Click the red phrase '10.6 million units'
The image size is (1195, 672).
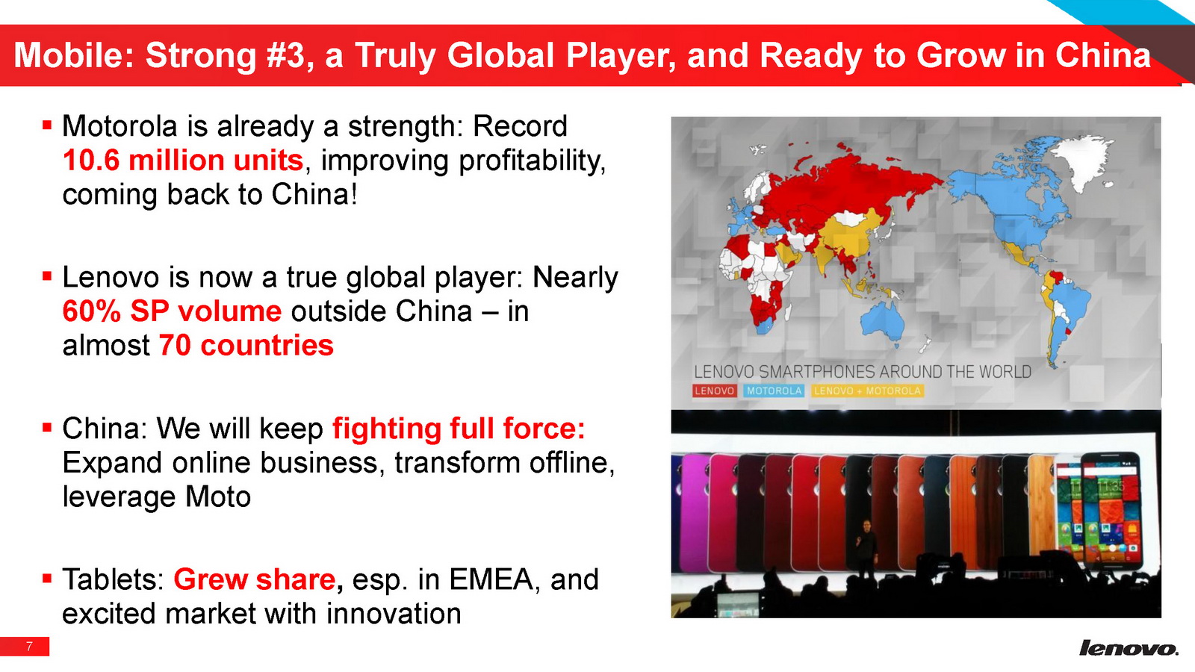tap(183, 160)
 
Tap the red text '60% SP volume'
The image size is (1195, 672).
tap(172, 311)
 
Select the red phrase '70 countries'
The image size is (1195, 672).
tap(246, 345)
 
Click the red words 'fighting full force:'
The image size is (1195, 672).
tap(459, 429)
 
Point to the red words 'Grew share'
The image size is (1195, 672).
tap(255, 579)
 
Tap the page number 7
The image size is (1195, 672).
tap(29, 647)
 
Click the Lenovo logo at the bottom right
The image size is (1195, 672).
tap(1129, 648)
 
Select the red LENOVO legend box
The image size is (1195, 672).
tap(714, 391)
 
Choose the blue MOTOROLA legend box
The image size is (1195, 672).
tap(774, 391)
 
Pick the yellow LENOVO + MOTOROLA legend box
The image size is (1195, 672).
tap(867, 391)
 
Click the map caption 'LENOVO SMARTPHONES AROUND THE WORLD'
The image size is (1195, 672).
tap(862, 372)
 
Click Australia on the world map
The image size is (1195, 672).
tap(884, 320)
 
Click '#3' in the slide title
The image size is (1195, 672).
tap(288, 55)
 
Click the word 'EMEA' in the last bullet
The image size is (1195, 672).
tap(491, 579)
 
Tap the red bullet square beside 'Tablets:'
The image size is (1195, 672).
tap(47, 578)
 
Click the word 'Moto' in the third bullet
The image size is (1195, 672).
tap(217, 497)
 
